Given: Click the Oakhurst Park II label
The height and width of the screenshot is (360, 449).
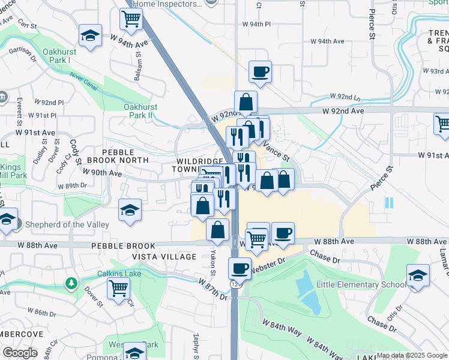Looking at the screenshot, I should (x=140, y=111).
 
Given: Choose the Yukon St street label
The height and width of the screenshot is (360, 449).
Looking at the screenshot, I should (x=214, y=263).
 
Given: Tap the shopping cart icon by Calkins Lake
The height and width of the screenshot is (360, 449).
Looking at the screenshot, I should (x=118, y=287).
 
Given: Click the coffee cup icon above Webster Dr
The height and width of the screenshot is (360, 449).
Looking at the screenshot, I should (x=240, y=267).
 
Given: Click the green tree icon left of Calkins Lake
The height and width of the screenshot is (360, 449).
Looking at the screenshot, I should (x=71, y=283).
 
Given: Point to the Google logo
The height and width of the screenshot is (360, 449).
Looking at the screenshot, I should (x=20, y=353).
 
